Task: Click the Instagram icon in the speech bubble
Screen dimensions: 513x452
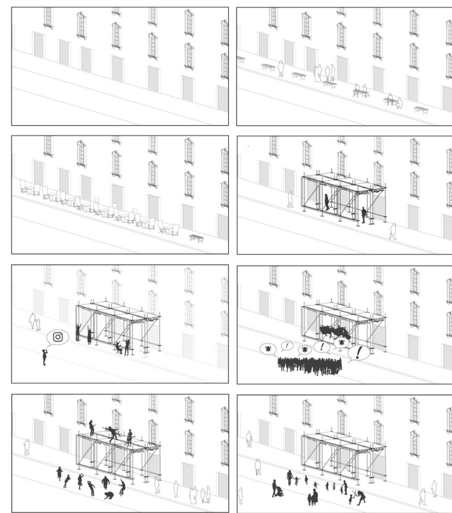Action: click(x=58, y=337)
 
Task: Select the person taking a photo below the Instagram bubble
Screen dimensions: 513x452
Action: click(x=44, y=357)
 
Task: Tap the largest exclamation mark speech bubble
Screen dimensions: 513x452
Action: click(x=358, y=354)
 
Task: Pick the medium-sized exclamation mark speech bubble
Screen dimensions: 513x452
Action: click(x=321, y=347)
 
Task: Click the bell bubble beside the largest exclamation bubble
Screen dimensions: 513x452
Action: click(x=341, y=344)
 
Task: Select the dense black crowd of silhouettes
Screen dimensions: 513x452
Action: click(x=309, y=365)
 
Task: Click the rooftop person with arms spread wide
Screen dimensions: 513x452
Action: click(x=113, y=432)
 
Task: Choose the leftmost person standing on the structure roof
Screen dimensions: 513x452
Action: click(x=92, y=427)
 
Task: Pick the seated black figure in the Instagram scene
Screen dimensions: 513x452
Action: click(x=118, y=348)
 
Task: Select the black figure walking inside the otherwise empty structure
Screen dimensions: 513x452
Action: click(x=327, y=201)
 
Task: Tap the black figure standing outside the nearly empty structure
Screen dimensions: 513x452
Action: click(x=363, y=214)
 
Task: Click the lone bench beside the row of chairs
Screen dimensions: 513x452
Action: click(x=196, y=238)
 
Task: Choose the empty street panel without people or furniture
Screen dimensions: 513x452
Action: click(x=120, y=66)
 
